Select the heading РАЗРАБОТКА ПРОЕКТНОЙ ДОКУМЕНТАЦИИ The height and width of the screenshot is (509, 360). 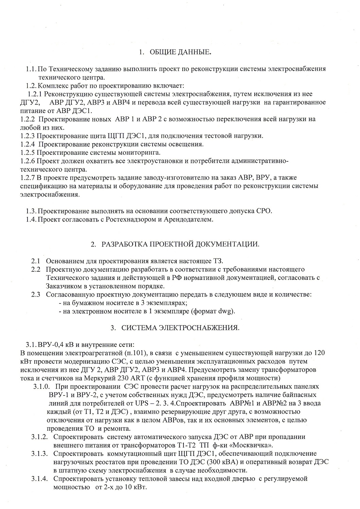(x=180, y=244)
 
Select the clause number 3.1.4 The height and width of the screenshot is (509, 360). (x=41, y=479)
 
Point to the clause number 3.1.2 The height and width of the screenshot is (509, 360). (x=41, y=437)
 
